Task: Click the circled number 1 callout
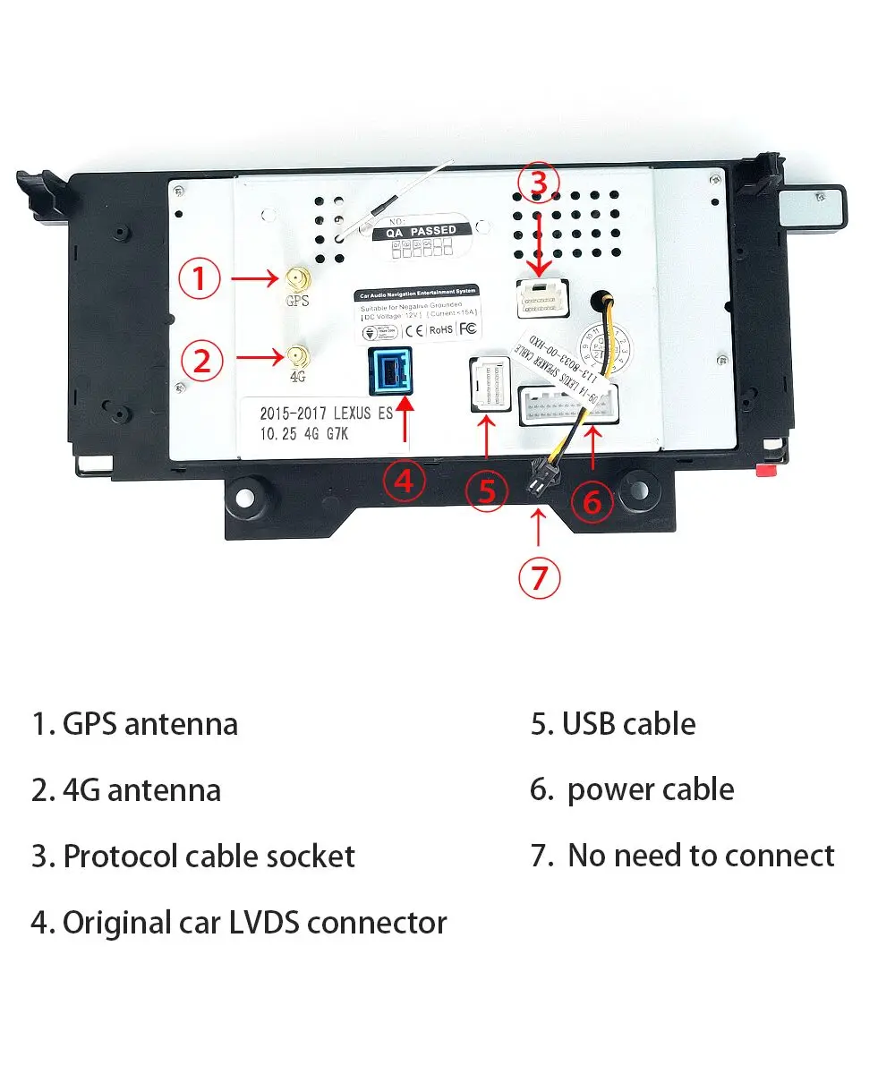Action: pos(200,279)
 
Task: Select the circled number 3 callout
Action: pos(538,182)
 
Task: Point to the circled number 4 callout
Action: pos(404,482)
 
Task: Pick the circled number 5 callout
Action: pos(486,490)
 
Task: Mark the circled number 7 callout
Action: pos(538,578)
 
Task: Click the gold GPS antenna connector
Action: pos(294,280)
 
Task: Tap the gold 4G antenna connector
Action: pos(294,358)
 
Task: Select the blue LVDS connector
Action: pos(390,371)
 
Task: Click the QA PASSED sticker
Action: pos(421,230)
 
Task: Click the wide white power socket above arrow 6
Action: pos(567,408)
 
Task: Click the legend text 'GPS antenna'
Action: pos(149,724)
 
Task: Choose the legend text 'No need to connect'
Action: pos(701,856)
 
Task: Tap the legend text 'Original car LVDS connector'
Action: pos(254,922)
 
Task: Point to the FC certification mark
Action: pos(467,329)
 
